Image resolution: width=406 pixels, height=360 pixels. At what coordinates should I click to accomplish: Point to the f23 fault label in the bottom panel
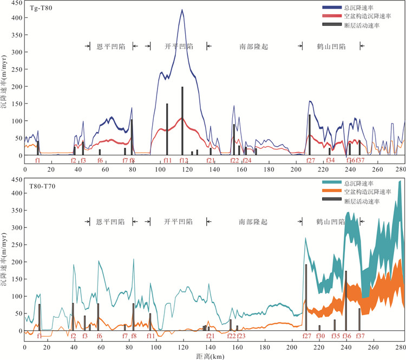[x=241, y=336]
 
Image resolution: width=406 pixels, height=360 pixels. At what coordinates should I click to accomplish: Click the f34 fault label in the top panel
[x=330, y=161]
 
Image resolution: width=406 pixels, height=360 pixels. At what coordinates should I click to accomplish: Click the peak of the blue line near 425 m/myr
[x=182, y=10]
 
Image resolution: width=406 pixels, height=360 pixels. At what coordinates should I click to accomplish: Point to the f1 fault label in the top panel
[x=37, y=161]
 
